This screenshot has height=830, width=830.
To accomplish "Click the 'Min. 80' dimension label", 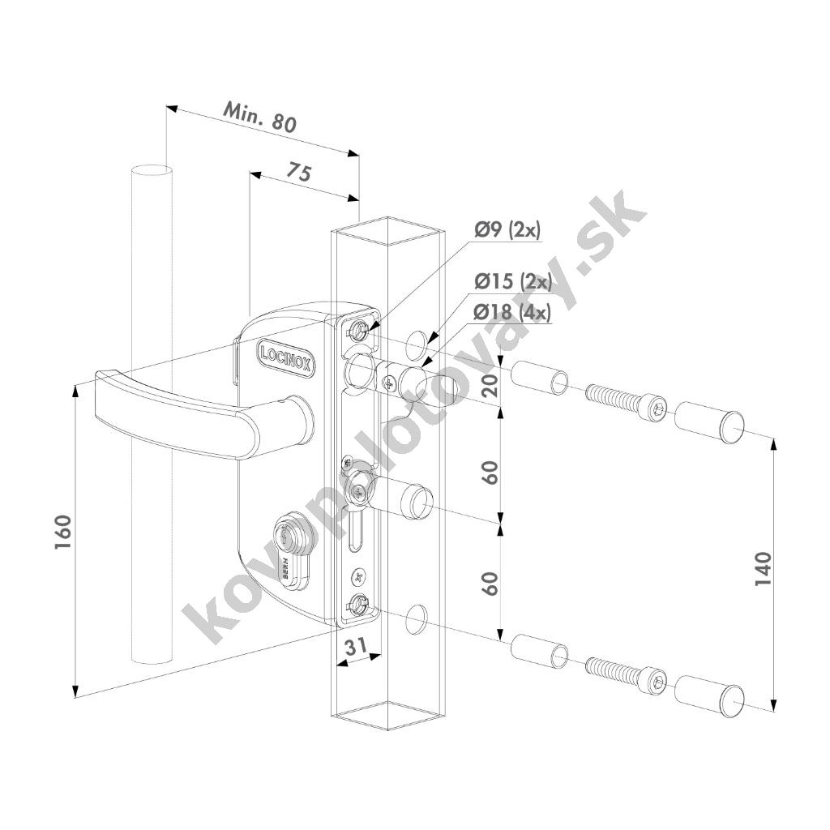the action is pyautogui.click(x=260, y=117).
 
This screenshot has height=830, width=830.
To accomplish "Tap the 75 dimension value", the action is pyautogui.click(x=300, y=172).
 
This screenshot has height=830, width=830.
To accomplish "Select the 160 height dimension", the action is pyautogui.click(x=63, y=532).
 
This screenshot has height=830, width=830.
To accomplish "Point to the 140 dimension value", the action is pyautogui.click(x=763, y=568).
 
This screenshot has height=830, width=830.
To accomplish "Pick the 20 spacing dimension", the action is pyautogui.click(x=491, y=386).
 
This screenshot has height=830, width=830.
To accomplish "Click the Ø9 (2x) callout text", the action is pyautogui.click(x=507, y=230).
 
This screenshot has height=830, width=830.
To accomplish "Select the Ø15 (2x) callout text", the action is pyautogui.click(x=513, y=281).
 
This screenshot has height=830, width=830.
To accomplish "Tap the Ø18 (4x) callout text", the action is pyautogui.click(x=513, y=313).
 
